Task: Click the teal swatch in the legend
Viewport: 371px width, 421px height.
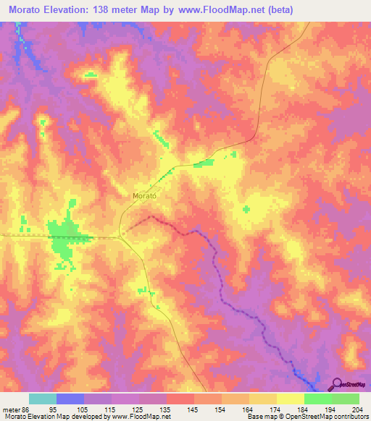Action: [43, 399]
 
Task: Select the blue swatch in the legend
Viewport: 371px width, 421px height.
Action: [70, 399]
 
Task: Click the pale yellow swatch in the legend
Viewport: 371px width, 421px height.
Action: [291, 399]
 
